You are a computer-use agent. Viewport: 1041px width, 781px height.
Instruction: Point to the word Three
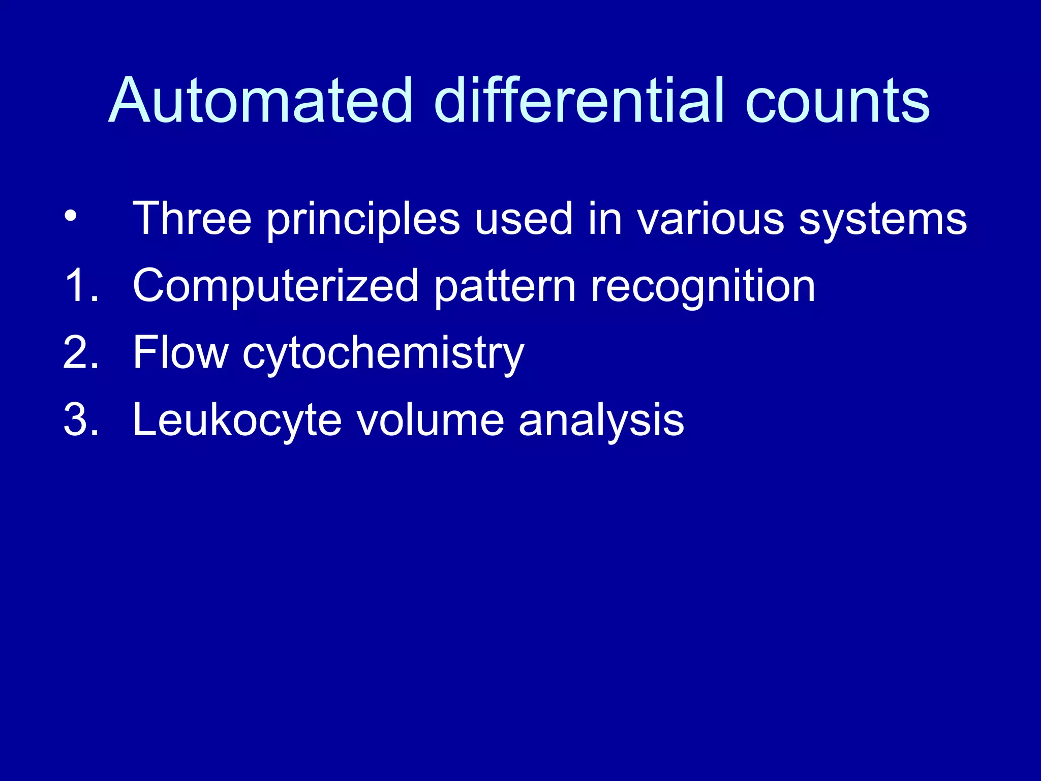192,219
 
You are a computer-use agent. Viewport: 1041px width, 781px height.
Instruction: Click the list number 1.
80,286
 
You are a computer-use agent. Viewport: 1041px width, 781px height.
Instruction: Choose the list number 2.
80,353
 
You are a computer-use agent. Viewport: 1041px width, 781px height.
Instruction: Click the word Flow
180,353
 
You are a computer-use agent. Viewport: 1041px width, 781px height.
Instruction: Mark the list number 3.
80,420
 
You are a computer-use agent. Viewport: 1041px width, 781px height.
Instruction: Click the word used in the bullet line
524,219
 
